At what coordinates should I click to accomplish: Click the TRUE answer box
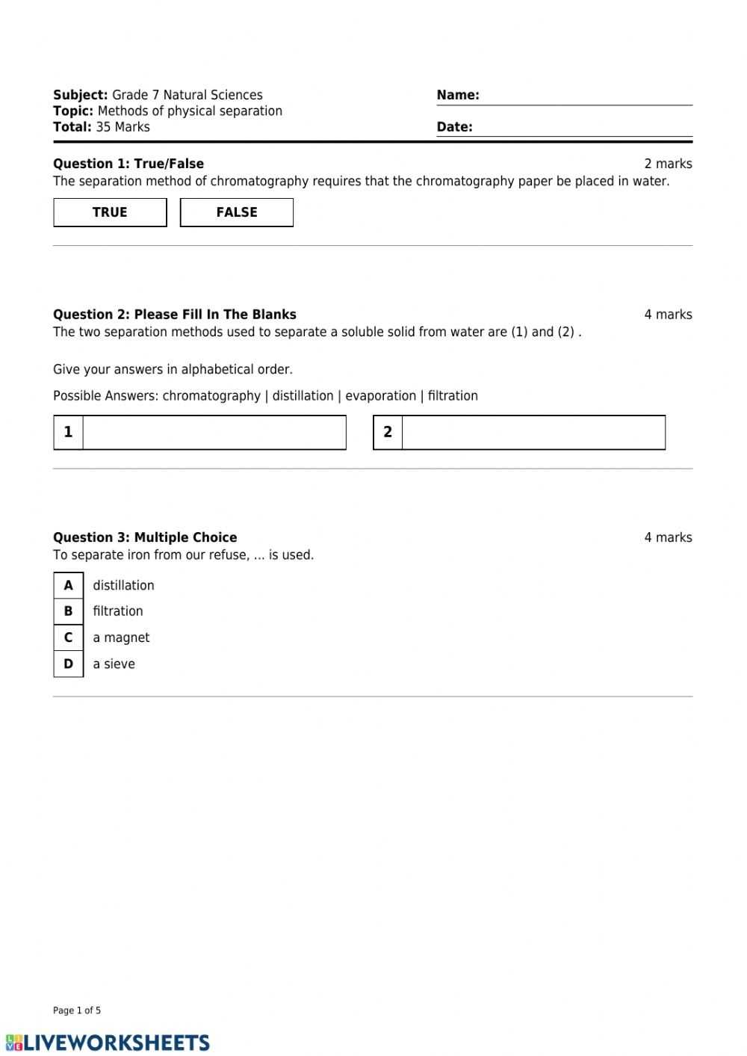[110, 212]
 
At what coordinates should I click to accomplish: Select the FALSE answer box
[237, 212]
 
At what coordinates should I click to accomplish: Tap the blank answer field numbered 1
[214, 432]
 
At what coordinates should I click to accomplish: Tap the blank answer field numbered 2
[533, 432]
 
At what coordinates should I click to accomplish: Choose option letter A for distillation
[69, 585]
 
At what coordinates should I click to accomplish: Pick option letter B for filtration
[69, 611]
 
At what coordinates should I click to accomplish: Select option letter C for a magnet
[69, 637]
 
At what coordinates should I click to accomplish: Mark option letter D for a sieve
[69, 664]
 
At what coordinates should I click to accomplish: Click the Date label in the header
[454, 127]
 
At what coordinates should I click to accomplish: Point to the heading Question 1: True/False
[128, 164]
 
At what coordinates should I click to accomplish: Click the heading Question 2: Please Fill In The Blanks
[175, 315]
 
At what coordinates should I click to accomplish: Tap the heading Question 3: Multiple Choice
[145, 537]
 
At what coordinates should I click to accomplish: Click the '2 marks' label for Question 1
[668, 164]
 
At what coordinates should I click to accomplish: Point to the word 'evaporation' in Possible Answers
[380, 396]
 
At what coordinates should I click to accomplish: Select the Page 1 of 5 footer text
[77, 1010]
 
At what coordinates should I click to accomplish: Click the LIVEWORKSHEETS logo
[108, 1043]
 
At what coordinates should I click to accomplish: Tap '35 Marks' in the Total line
[123, 127]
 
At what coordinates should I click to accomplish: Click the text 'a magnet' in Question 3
[121, 637]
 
